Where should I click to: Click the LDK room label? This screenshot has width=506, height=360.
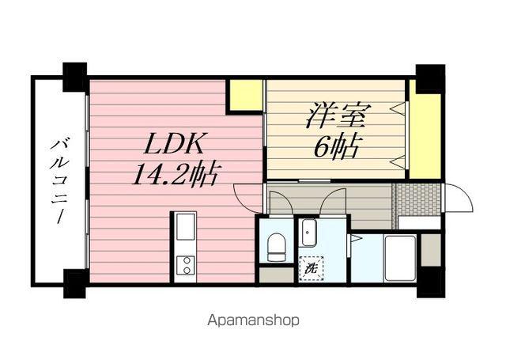pos(174,143)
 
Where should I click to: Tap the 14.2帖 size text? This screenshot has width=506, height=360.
pos(176,174)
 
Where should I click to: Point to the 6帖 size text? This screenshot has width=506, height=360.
pos(337,147)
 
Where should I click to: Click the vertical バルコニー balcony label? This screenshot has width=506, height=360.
pos(59,181)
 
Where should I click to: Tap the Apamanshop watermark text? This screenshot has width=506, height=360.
pos(253,320)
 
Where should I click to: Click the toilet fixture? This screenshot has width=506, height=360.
pos(277,247)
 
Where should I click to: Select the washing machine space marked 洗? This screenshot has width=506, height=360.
pos(311,268)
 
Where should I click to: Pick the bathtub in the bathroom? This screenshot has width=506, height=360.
pos(400,258)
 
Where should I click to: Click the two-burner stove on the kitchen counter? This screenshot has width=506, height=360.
pos(185,265)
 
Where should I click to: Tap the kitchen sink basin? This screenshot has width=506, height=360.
pos(185,226)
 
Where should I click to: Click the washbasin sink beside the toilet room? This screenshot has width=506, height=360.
pos(308,233)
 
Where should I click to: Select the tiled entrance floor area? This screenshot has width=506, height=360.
pos(417,199)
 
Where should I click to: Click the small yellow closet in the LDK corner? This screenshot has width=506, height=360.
pos(246,95)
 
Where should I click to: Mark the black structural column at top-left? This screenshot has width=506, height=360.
pos(75,77)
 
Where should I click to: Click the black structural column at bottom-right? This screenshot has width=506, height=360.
pos(431,282)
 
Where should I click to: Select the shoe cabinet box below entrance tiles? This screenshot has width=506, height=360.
pos(420,223)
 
